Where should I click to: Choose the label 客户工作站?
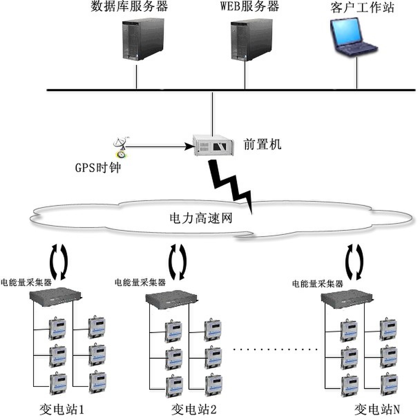[362, 8]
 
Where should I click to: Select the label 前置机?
[262, 144]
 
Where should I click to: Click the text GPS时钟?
[98, 168]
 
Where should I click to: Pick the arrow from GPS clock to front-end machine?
[159, 147]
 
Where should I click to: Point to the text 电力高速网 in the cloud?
[201, 218]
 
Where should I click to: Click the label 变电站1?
[61, 410]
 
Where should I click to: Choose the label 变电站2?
[194, 410]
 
